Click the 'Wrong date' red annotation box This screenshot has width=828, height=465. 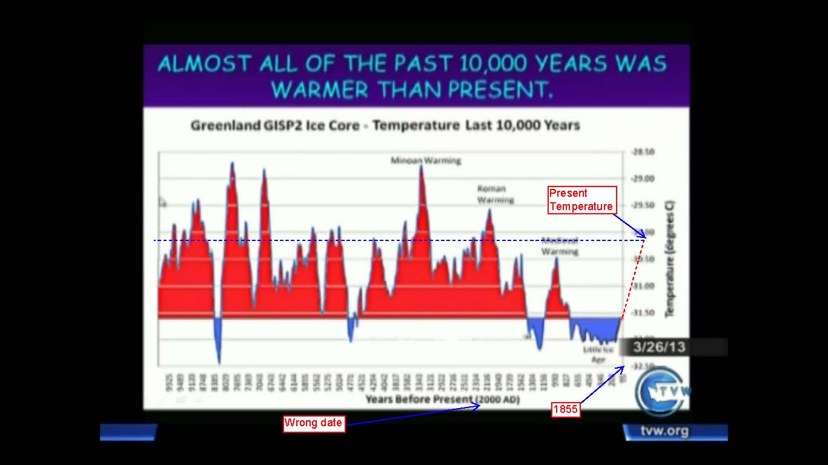pos(314,423)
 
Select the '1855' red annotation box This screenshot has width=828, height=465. pos(566,410)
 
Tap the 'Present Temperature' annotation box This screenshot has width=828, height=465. pos(581,200)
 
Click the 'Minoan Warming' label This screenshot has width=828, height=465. pos(426,160)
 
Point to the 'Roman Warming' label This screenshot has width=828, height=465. pos(494,194)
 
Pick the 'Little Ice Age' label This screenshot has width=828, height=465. pos(598,354)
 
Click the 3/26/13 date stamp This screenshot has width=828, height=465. pos(659,347)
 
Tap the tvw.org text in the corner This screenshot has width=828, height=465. pos(664,431)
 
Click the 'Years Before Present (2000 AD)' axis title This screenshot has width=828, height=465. pos(442,400)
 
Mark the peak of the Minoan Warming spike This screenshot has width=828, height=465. pos(421,167)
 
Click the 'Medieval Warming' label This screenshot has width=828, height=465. pos(559,246)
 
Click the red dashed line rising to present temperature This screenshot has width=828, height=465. pos(632,279)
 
